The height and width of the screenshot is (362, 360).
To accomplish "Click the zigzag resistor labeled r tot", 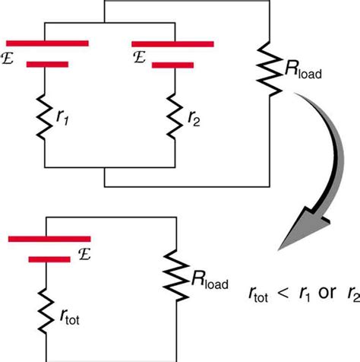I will [x=46, y=304].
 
